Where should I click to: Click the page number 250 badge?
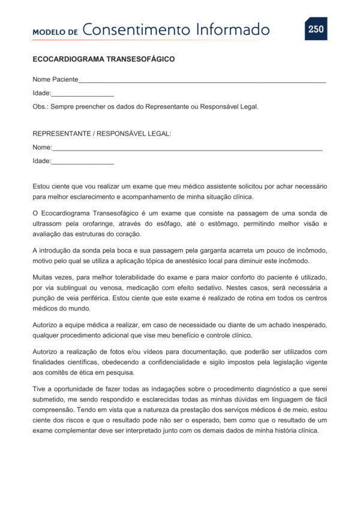pyautogui.click(x=316, y=29)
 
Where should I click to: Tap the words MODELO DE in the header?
pyautogui.click(x=55, y=32)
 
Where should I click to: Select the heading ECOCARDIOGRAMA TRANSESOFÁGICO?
pyautogui.click(x=103, y=60)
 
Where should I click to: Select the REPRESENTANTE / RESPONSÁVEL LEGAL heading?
pyautogui.click(x=101, y=134)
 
